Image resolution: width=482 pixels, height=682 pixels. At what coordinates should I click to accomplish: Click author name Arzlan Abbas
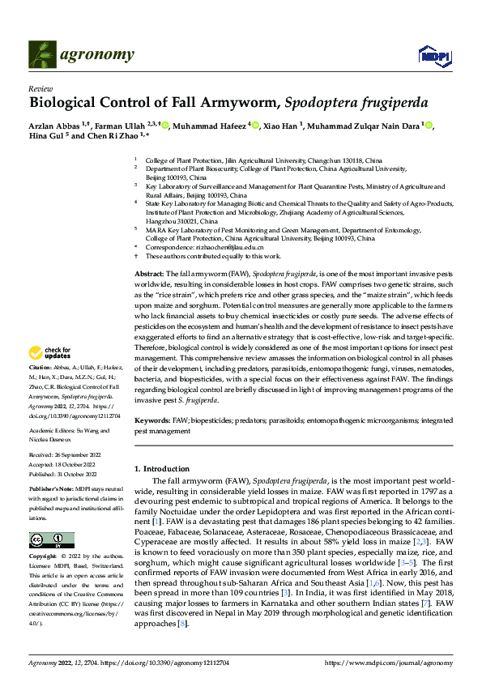pos(54,125)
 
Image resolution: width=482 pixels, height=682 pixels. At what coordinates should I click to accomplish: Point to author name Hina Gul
pos(47,137)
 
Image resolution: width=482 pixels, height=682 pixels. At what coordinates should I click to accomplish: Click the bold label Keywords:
pos(151,421)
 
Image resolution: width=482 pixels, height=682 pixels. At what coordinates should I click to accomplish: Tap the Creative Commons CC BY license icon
pos(51,540)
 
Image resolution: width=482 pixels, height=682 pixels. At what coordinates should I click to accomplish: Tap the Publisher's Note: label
pos(51,490)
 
